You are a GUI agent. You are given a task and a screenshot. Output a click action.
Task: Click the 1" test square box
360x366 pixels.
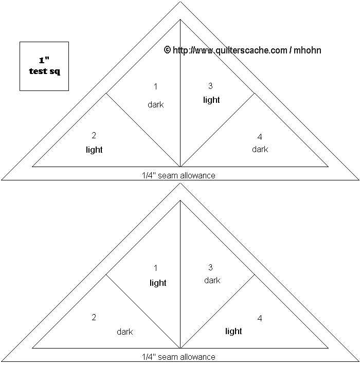pyautogui.click(x=44, y=66)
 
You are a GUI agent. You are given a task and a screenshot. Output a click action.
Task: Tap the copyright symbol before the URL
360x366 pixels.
pyautogui.click(x=167, y=50)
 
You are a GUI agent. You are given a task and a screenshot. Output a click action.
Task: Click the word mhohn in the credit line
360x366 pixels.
pyautogui.click(x=307, y=50)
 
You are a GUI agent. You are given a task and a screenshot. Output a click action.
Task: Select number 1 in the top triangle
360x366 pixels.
pyautogui.click(x=156, y=86)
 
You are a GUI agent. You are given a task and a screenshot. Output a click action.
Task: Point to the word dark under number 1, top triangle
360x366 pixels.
pyautogui.click(x=155, y=104)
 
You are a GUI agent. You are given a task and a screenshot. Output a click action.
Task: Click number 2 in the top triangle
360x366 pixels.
pyautogui.click(x=94, y=136)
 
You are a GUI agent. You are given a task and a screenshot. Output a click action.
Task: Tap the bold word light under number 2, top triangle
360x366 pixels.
pyautogui.click(x=94, y=150)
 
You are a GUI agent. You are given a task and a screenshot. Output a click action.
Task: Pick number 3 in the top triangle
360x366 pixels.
pyautogui.click(x=210, y=86)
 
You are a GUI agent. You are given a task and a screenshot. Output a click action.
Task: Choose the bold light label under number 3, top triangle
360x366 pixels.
pyautogui.click(x=211, y=100)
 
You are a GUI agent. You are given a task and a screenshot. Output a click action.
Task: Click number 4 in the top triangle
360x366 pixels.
pyautogui.click(x=260, y=137)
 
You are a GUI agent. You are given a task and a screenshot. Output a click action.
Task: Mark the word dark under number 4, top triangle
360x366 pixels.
pyautogui.click(x=260, y=149)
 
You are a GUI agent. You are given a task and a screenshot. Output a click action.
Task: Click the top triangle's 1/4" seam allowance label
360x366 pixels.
pyautogui.click(x=178, y=175)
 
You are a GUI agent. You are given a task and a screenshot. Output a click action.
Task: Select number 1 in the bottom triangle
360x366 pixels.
pyautogui.click(x=156, y=268)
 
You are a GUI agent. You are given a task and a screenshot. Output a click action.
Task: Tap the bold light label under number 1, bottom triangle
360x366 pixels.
pyautogui.click(x=158, y=283)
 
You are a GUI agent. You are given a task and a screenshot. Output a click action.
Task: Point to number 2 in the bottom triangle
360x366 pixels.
pyautogui.click(x=94, y=317)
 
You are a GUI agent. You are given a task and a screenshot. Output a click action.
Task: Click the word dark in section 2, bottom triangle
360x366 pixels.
pyautogui.click(x=125, y=332)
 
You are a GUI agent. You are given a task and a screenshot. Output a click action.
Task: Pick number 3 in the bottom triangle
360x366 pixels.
pyautogui.click(x=210, y=267)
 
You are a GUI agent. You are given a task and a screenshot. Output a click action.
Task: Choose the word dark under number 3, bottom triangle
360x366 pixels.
pyautogui.click(x=212, y=280)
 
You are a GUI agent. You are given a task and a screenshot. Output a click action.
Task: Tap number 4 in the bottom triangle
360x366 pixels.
pyautogui.click(x=260, y=319)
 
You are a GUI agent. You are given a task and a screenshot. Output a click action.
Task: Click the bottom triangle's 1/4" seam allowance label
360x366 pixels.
pyautogui.click(x=178, y=357)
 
